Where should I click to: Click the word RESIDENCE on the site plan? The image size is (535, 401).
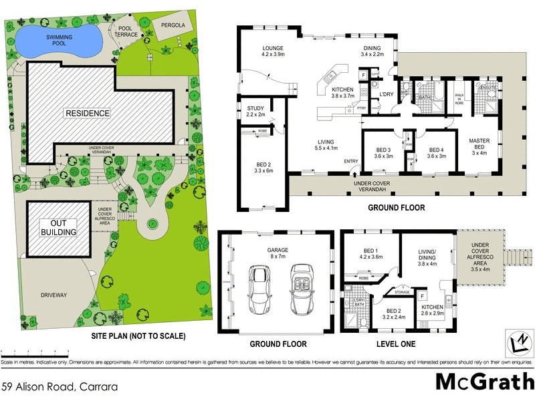87,113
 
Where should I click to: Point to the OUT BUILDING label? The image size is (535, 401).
59,228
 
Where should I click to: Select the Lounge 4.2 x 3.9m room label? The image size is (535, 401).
259,52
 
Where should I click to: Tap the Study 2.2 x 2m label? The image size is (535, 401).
255,111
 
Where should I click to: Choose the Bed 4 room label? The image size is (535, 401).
436,153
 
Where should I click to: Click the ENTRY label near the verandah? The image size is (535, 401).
351,161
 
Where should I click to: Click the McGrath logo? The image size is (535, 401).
484,382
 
